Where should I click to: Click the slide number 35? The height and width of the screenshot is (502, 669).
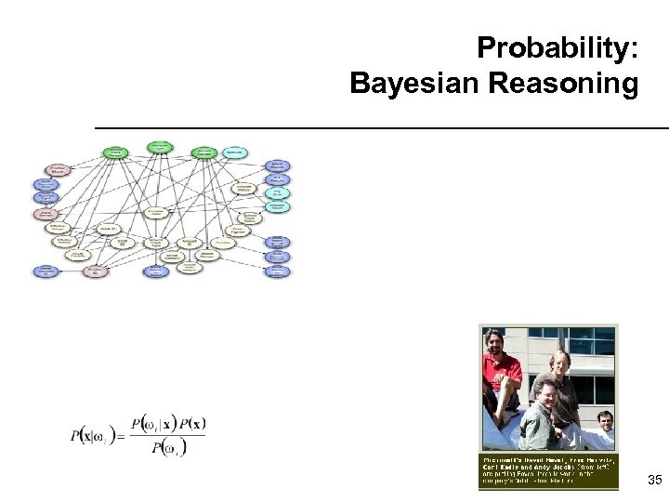click(654, 481)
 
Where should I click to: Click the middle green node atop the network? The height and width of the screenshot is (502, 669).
click(161, 147)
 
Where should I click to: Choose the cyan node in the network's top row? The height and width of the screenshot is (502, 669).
click(235, 151)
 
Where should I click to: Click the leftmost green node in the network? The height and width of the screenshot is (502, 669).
click(116, 152)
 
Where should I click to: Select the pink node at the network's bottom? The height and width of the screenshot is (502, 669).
click(95, 271)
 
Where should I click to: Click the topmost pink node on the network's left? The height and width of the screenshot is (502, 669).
click(58, 170)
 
